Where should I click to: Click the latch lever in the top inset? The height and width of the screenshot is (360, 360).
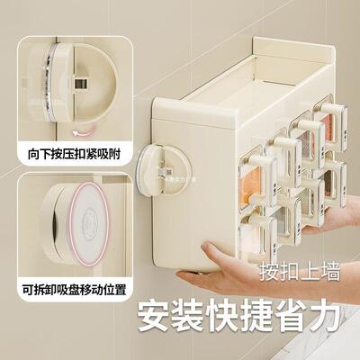pyautogui.click(x=83, y=82)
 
